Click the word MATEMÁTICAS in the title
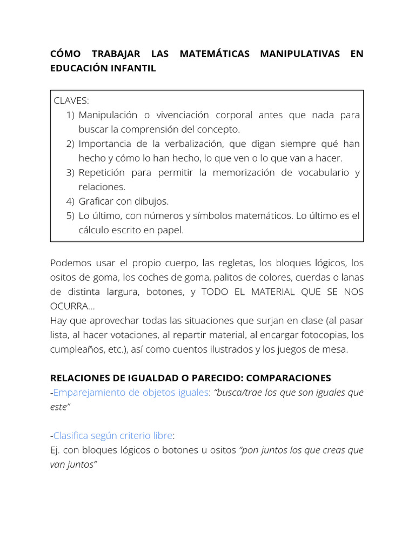click(214, 54)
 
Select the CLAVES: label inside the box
click(72, 100)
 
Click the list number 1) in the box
click(70, 115)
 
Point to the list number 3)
click(70, 173)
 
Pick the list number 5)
click(70, 216)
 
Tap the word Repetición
click(102, 173)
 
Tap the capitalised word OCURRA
click(69, 306)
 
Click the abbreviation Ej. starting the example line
click(56, 450)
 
